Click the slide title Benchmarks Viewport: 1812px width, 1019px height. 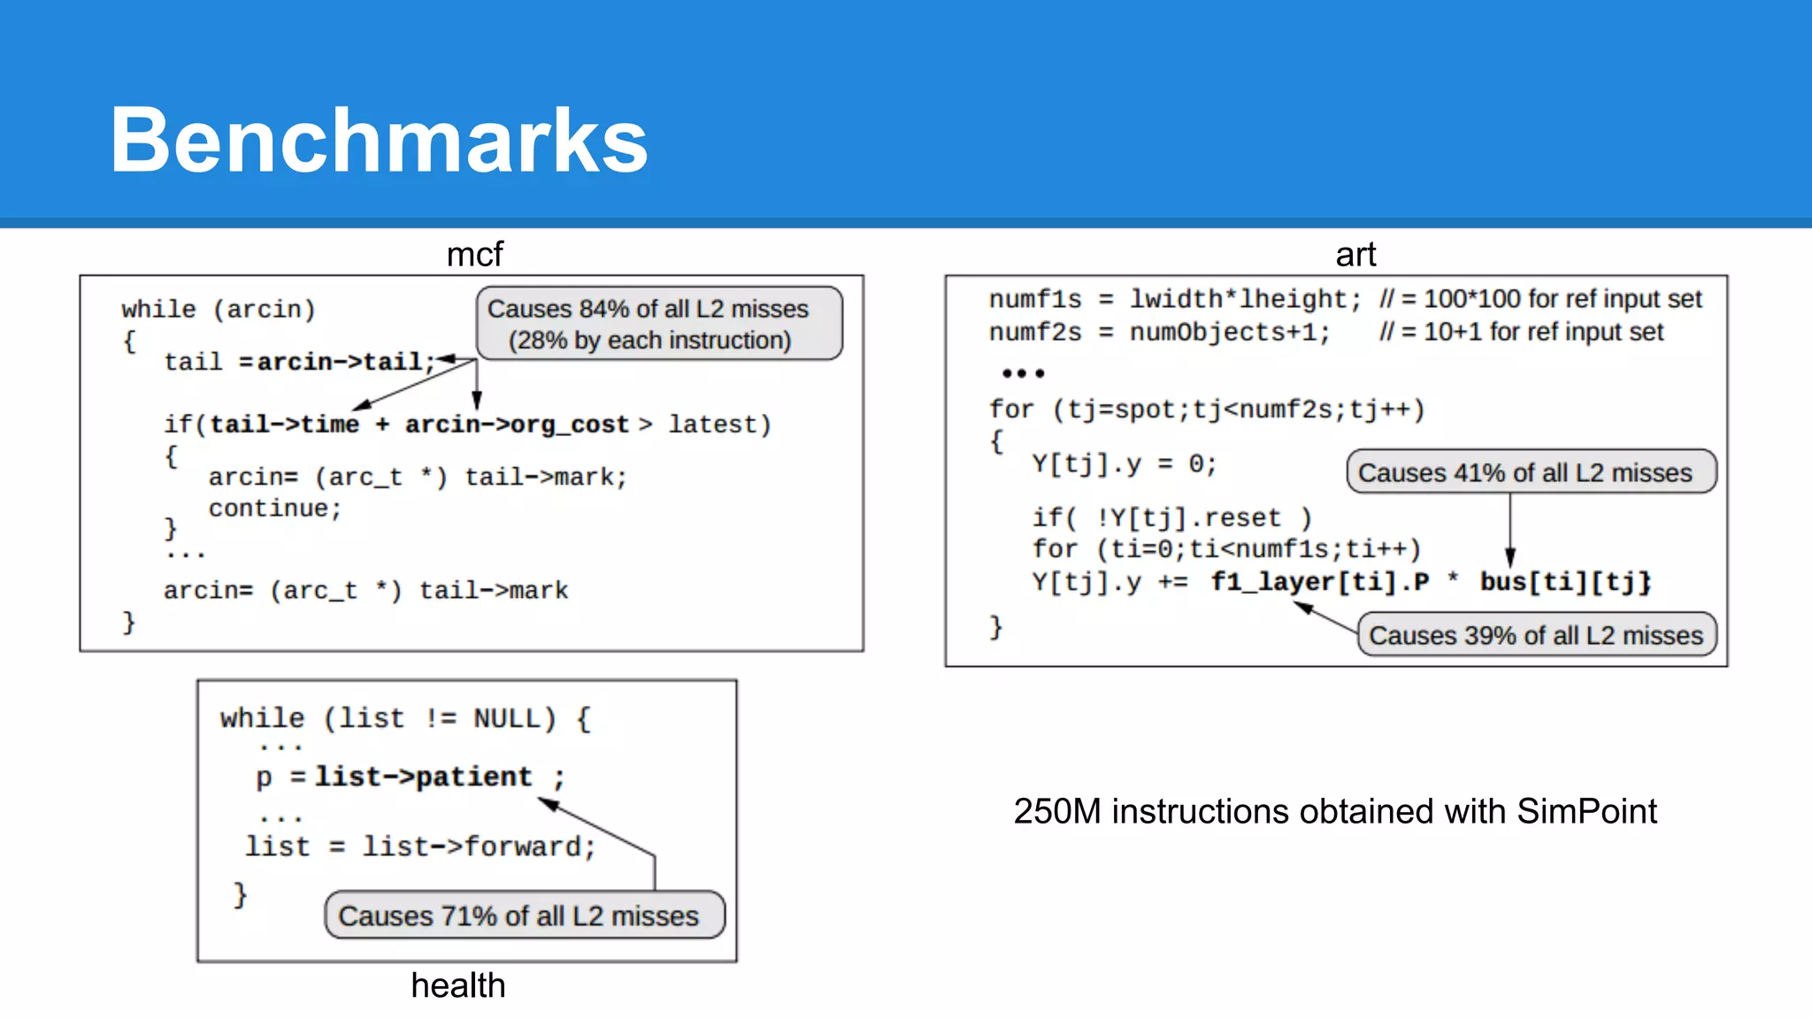(379, 140)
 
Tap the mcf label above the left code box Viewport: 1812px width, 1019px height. (474, 255)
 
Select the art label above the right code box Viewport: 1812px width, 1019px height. (1355, 255)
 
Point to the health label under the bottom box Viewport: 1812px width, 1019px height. (457, 985)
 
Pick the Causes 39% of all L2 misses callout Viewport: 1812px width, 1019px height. (1537, 635)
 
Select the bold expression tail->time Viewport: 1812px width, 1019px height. (284, 425)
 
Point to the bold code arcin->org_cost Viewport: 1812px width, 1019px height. (517, 425)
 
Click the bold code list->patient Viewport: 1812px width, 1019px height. (424, 777)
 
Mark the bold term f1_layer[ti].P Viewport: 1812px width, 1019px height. (1320, 582)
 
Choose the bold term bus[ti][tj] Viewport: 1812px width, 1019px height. (1565, 582)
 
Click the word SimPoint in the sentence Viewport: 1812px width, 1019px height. (1586, 811)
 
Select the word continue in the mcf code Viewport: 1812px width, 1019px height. (268, 509)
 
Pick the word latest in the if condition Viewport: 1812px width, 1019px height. (712, 425)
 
